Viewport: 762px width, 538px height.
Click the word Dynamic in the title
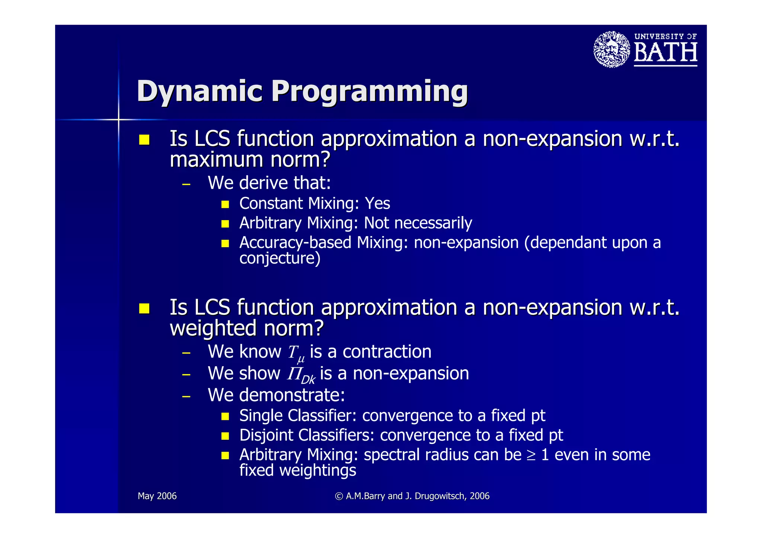tap(199, 91)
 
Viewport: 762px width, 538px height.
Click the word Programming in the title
tap(369, 91)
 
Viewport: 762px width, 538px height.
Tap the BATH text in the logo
tap(665, 52)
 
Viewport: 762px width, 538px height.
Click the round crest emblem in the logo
tap(611, 49)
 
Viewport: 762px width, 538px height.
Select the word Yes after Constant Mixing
tap(377, 204)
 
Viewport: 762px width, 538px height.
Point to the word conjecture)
tap(279, 258)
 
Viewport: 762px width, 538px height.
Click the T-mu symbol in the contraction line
tap(296, 353)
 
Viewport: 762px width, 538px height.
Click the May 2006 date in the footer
tap(157, 496)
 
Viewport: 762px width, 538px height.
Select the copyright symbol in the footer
tap(339, 496)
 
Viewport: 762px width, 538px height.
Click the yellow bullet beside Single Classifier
tap(225, 416)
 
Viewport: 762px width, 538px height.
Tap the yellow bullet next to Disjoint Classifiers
tap(225, 435)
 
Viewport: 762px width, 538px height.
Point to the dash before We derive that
tap(186, 184)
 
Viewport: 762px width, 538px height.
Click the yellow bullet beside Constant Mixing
tap(225, 204)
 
